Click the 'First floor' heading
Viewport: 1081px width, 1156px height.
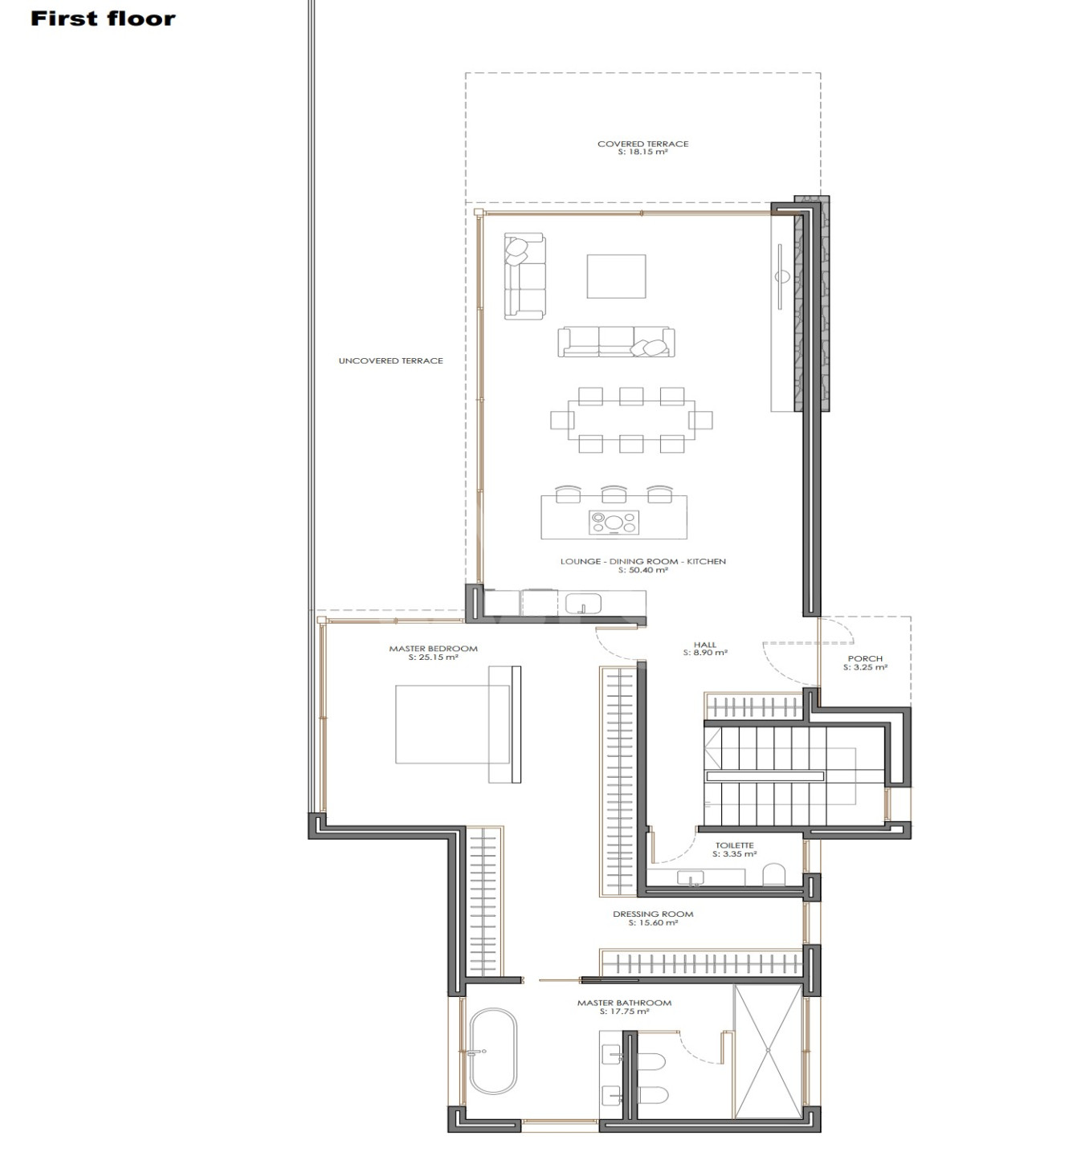pyautogui.click(x=103, y=18)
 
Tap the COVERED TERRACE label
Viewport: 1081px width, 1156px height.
pyautogui.click(x=642, y=144)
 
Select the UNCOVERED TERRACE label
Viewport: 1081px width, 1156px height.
pyautogui.click(x=391, y=361)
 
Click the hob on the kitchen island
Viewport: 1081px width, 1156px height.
pyautogui.click(x=614, y=522)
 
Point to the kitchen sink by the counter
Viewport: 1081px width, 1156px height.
pyautogui.click(x=582, y=604)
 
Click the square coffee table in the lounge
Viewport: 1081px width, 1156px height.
pyautogui.click(x=616, y=276)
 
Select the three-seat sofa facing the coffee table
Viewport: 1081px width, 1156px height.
pyautogui.click(x=616, y=342)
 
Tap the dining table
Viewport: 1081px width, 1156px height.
pyautogui.click(x=631, y=420)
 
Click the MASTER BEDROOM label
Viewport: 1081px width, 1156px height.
pyautogui.click(x=434, y=649)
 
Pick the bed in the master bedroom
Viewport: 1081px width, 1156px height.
pyautogui.click(x=458, y=724)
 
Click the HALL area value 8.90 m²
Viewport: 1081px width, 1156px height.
pyautogui.click(x=705, y=653)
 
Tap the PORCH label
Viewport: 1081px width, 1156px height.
pyautogui.click(x=865, y=658)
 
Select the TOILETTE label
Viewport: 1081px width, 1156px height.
pyautogui.click(x=734, y=845)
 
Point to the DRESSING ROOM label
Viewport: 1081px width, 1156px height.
pyautogui.click(x=653, y=914)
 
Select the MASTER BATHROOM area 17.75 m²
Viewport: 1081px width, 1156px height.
pyautogui.click(x=624, y=1011)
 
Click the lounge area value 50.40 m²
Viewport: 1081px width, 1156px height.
pyautogui.click(x=643, y=570)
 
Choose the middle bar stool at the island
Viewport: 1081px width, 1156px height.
pyautogui.click(x=614, y=495)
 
